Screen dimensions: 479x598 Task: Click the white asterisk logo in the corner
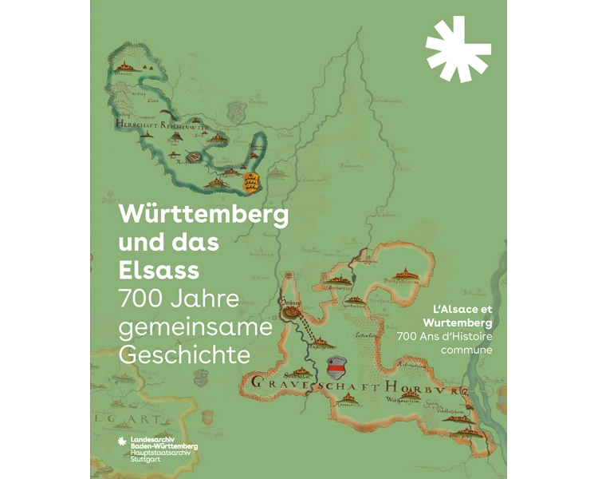click(x=458, y=48)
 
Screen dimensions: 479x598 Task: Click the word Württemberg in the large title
click(x=203, y=215)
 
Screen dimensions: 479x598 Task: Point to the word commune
click(x=473, y=349)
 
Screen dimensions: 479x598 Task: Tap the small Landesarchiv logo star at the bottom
click(x=122, y=442)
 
